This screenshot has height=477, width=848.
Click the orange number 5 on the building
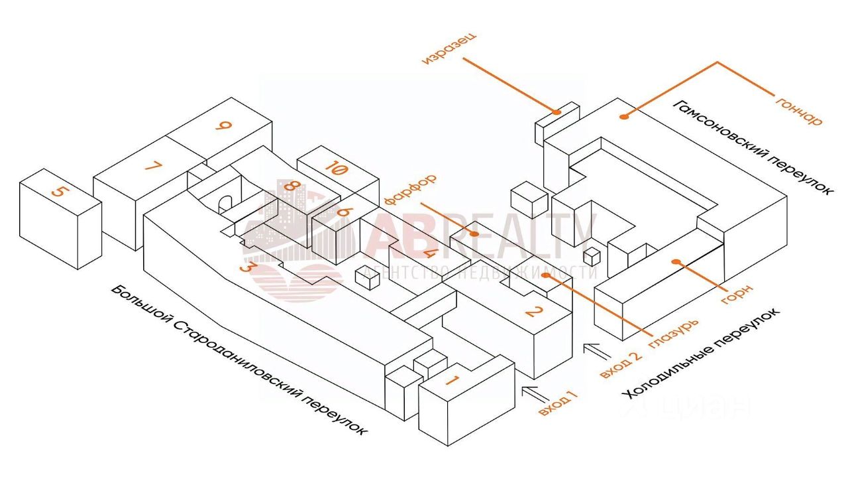click(x=60, y=192)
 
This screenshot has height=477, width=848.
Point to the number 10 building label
click(x=336, y=170)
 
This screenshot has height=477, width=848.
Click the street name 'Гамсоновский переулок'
click(x=753, y=147)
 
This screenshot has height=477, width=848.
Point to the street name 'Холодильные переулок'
click(x=703, y=355)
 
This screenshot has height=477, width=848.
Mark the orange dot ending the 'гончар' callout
click(x=623, y=117)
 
